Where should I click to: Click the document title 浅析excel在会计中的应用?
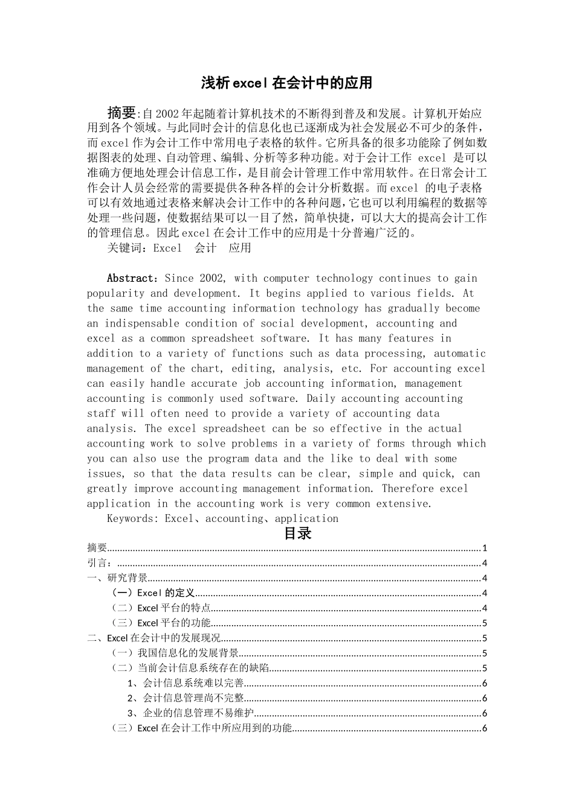point(286,83)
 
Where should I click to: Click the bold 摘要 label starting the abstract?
point(122,113)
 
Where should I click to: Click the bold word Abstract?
point(131,278)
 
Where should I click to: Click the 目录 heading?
point(297,533)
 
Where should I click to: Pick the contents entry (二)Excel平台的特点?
point(161,608)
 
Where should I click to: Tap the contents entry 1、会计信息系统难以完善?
point(185,683)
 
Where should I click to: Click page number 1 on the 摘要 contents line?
point(485,548)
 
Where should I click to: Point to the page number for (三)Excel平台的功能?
point(485,623)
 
